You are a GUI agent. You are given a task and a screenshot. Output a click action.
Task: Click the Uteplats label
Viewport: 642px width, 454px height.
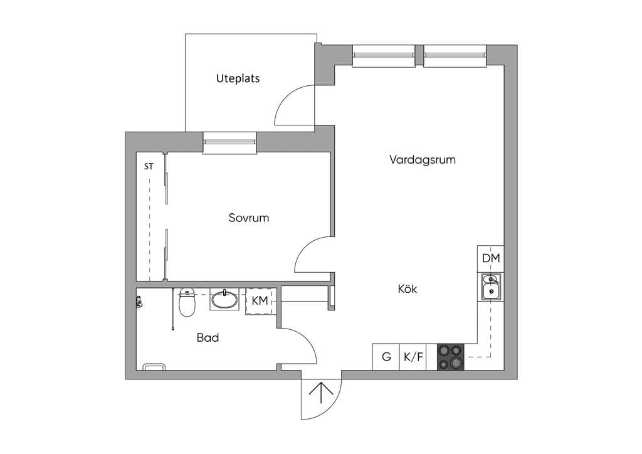[238, 78]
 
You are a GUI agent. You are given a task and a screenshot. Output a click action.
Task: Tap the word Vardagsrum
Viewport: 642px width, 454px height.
[422, 160]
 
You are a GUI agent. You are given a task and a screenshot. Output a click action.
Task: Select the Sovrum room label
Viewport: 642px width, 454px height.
[248, 218]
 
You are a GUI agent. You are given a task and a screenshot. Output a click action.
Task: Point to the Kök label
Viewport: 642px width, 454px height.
[408, 288]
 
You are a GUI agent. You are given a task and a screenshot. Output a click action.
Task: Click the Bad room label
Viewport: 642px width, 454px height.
[208, 338]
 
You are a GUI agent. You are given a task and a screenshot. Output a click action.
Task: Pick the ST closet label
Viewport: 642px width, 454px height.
[149, 167]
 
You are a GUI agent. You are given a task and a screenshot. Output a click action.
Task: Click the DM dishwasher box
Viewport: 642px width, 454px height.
[490, 259]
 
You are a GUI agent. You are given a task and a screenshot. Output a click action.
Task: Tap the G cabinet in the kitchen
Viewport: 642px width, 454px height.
[386, 357]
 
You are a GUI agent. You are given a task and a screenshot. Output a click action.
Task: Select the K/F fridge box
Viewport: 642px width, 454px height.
[413, 357]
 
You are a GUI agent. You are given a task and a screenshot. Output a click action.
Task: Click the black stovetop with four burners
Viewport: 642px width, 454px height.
[450, 357]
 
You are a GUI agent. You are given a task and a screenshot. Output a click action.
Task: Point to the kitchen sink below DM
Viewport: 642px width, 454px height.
[490, 287]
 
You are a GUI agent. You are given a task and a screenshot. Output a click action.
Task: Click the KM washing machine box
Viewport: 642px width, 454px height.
[261, 301]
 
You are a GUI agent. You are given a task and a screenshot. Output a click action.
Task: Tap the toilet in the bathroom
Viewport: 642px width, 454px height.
[187, 302]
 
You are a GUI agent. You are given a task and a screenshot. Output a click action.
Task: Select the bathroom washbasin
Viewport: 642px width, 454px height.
[224, 299]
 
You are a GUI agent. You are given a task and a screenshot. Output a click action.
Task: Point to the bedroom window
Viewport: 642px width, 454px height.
[229, 142]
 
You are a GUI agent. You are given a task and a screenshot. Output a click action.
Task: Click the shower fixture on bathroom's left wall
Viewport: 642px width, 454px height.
[139, 302]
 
